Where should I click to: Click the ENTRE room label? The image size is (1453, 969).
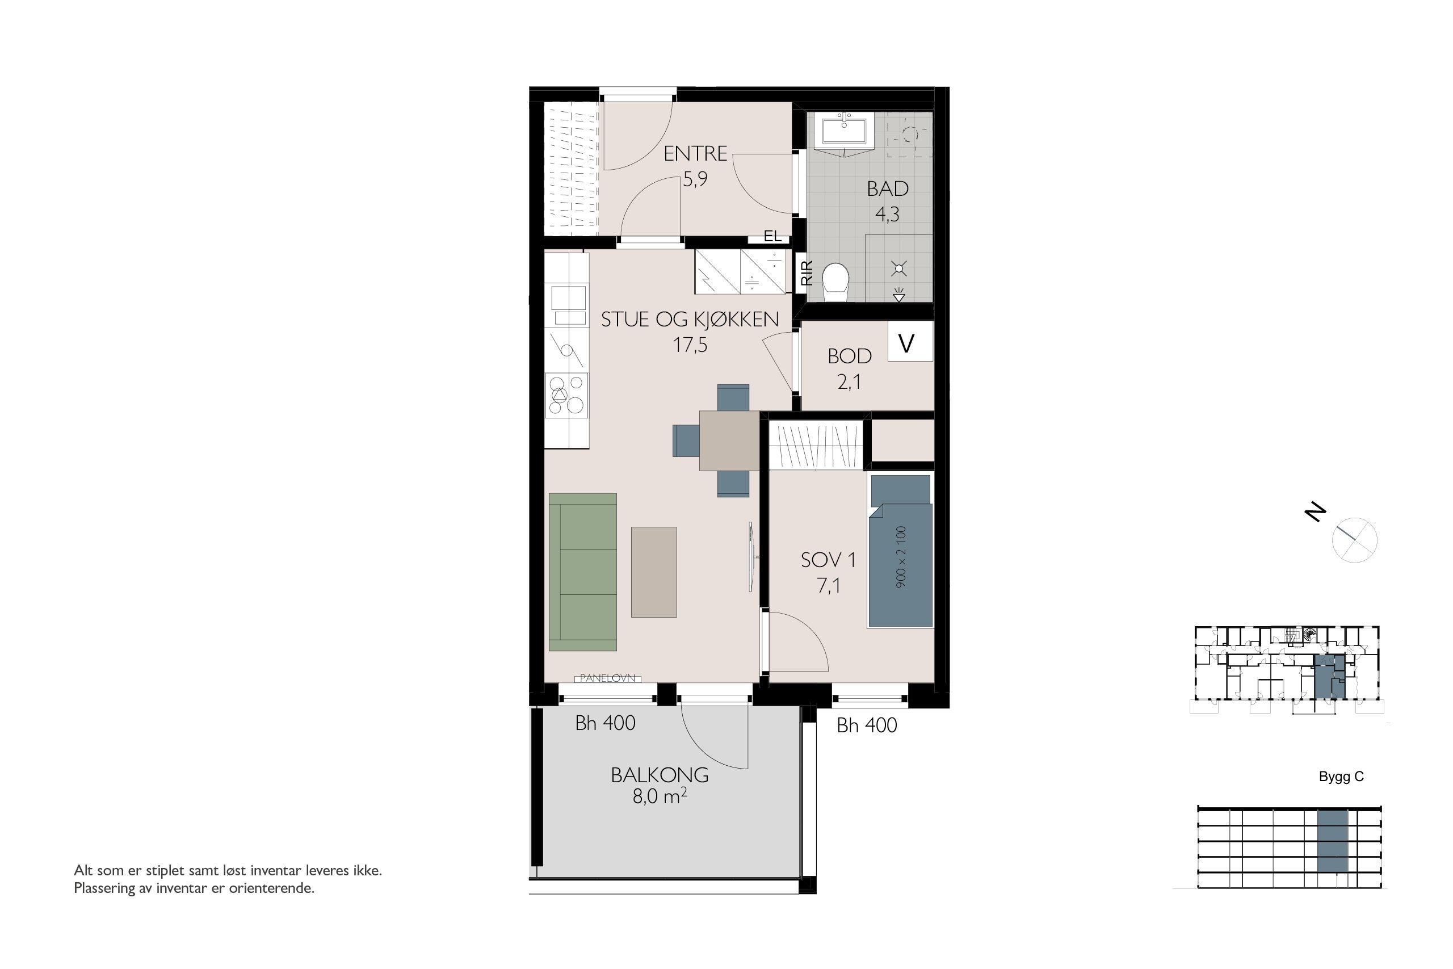pyautogui.click(x=695, y=153)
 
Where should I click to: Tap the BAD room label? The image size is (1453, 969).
pyautogui.click(x=887, y=188)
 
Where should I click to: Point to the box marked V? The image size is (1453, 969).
pyautogui.click(x=910, y=341)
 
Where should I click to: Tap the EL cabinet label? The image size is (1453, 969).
pyautogui.click(x=772, y=236)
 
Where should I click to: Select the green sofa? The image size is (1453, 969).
pyautogui.click(x=582, y=572)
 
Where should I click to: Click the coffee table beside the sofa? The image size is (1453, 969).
pyautogui.click(x=654, y=572)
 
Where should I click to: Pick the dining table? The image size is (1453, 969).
pyautogui.click(x=729, y=441)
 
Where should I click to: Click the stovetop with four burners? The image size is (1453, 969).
pyautogui.click(x=134, y=395)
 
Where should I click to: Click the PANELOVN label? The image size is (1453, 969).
pyautogui.click(x=608, y=678)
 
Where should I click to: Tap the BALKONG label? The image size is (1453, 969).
pyautogui.click(x=660, y=775)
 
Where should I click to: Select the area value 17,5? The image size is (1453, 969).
pyautogui.click(x=690, y=345)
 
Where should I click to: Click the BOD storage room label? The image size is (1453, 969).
pyautogui.click(x=850, y=356)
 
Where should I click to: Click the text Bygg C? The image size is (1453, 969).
pyautogui.click(x=1341, y=777)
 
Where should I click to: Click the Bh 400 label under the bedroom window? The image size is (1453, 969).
pyautogui.click(x=867, y=725)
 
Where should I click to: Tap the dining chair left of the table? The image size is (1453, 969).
pyautogui.click(x=686, y=440)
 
